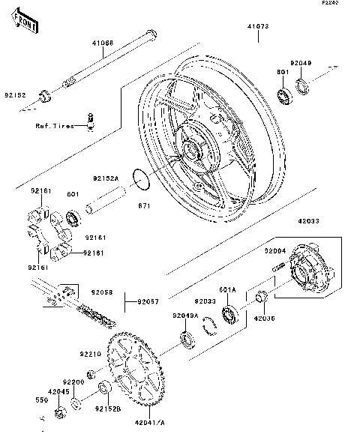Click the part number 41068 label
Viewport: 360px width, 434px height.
[103, 44]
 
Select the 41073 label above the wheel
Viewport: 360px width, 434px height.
[259, 25]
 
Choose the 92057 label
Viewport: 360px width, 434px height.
[148, 302]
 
